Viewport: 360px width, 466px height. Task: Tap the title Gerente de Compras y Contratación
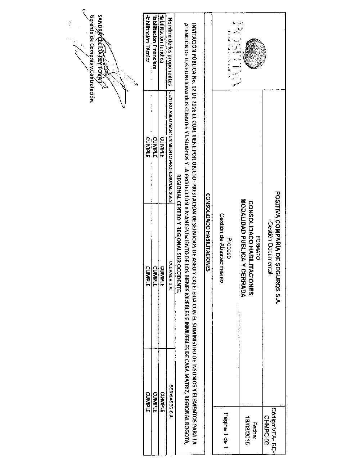tap(93, 59)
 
